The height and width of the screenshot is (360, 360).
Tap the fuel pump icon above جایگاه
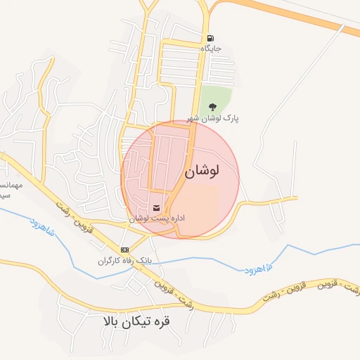(x=210, y=38)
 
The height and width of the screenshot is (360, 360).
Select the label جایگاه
(x=211, y=49)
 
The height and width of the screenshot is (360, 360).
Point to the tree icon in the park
(x=212, y=108)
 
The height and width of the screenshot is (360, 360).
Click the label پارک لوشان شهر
(x=213, y=119)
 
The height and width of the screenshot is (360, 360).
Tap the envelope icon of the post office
(x=156, y=208)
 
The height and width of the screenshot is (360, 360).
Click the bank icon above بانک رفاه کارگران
(x=125, y=250)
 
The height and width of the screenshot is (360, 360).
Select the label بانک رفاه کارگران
(x=124, y=261)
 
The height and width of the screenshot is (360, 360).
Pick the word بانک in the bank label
(x=143, y=261)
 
